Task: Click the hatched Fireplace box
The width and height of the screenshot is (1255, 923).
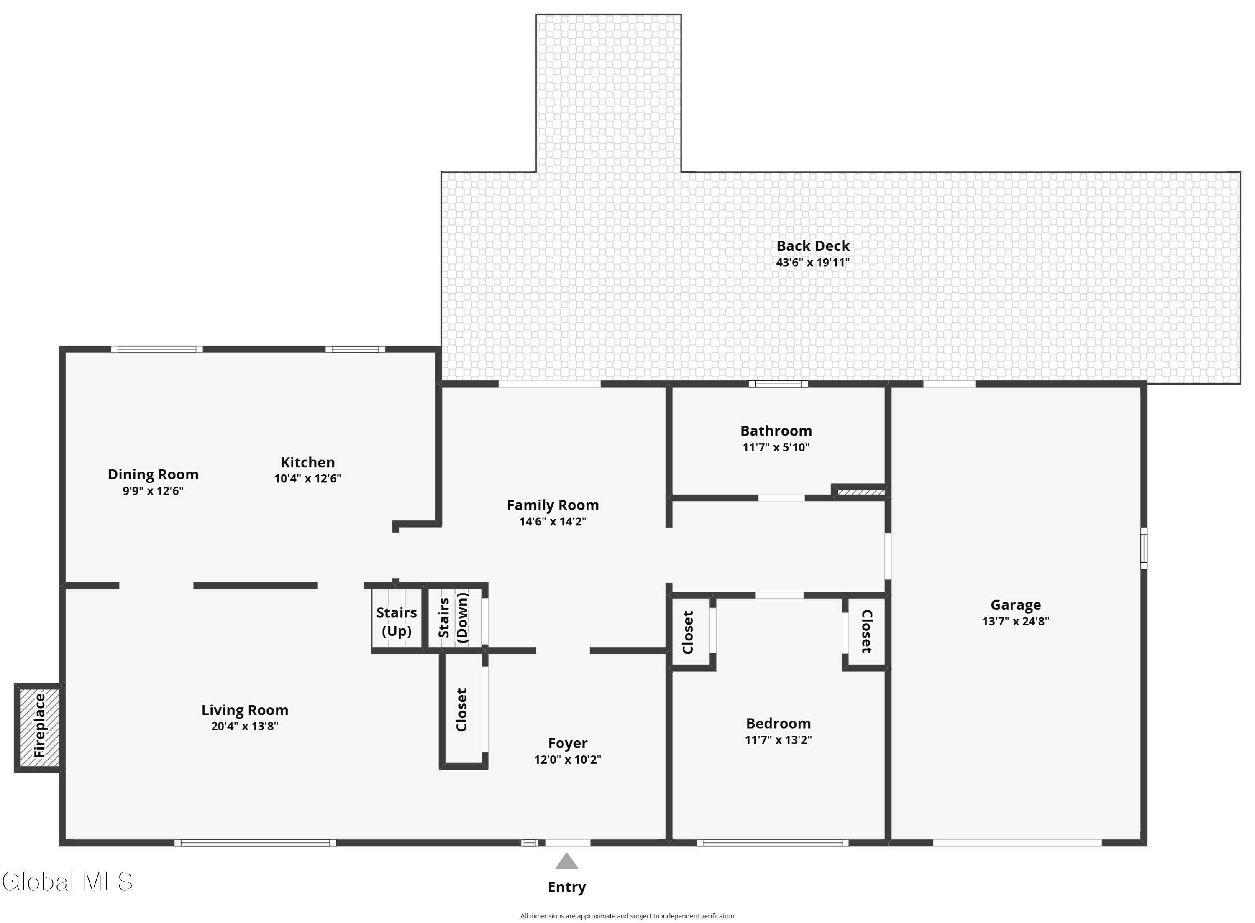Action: pos(39,727)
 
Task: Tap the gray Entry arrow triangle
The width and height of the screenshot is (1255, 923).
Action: pos(566,861)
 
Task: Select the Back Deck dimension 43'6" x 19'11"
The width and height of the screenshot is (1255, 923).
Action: pos(812,263)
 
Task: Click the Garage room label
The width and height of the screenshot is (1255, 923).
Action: pos(1015,604)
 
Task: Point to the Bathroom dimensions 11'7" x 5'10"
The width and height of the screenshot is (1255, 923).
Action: pos(776,447)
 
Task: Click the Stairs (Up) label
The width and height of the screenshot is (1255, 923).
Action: pos(396,621)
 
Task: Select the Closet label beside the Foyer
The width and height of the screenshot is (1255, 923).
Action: pos(461,709)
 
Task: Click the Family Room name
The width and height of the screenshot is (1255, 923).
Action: pos(552,505)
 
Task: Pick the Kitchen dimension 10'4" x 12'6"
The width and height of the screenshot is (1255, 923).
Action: pos(307,478)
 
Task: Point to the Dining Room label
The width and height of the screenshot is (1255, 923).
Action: pos(153,474)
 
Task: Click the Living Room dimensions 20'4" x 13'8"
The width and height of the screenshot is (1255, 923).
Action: pos(245,726)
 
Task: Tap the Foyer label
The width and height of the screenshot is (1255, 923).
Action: pos(567,743)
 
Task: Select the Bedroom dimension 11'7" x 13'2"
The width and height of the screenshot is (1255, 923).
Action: pos(778,740)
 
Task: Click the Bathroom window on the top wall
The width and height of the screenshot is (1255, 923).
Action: pos(778,384)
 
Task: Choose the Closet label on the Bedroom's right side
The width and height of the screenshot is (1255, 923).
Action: pos(866,631)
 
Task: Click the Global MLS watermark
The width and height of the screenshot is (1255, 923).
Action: pos(67,882)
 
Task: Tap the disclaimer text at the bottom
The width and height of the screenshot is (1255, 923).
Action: pos(627,916)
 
